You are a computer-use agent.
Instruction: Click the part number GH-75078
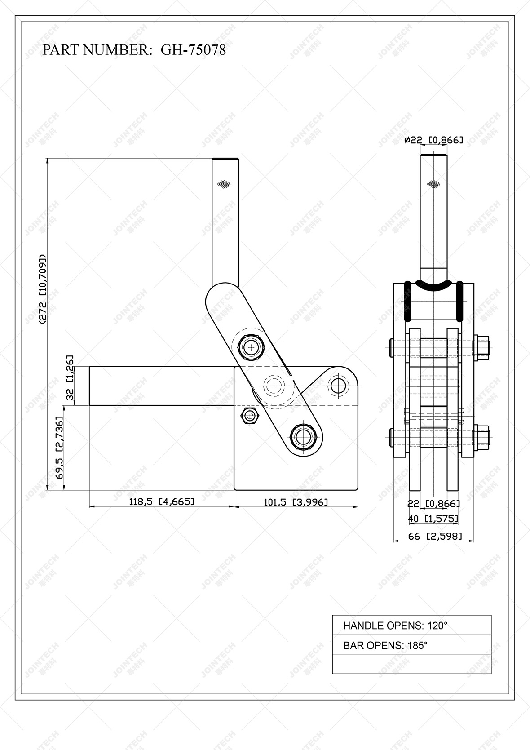(193, 49)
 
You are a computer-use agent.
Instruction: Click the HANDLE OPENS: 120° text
(395, 625)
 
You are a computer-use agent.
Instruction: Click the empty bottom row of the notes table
(411, 664)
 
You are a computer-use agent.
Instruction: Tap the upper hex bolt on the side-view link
(251, 347)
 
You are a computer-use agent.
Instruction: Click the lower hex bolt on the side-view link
(304, 435)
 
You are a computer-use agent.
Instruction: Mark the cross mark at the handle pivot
(225, 302)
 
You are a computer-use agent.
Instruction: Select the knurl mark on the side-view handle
(224, 183)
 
